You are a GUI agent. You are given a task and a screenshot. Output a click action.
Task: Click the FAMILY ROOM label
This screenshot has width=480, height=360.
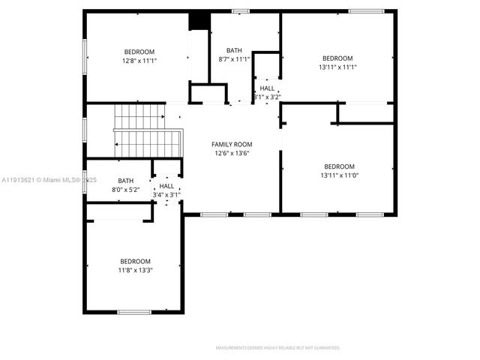231,144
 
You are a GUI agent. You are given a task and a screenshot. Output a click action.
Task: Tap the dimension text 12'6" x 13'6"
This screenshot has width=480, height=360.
231,153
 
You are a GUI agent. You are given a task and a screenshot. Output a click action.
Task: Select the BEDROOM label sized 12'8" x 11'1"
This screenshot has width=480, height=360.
139,52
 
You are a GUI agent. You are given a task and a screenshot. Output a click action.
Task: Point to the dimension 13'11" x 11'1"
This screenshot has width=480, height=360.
337,67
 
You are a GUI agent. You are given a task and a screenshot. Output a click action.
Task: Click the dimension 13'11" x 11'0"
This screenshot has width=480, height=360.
339,175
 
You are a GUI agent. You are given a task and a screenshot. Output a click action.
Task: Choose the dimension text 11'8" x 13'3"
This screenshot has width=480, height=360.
135,270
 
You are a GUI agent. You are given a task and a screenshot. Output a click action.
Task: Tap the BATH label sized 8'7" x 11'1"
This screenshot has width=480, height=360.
234,50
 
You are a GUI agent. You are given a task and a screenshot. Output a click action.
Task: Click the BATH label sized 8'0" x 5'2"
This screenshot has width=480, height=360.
125,181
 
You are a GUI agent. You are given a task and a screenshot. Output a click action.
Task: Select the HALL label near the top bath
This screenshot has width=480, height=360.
267,88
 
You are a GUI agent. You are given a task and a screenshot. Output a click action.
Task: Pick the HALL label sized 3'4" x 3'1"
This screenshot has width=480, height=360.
166,186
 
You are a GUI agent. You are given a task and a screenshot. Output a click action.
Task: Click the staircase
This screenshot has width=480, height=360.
146,131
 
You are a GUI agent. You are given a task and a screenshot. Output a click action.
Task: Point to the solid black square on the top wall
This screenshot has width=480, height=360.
199,20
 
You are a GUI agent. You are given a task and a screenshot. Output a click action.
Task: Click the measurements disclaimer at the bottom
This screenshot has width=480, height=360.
277,348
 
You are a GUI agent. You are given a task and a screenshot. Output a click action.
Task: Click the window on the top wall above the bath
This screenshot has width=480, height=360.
240,10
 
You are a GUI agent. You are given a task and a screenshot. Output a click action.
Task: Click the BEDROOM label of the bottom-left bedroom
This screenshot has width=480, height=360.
135,261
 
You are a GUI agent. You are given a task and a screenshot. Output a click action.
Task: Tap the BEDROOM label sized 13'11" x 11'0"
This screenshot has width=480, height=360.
339,166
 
